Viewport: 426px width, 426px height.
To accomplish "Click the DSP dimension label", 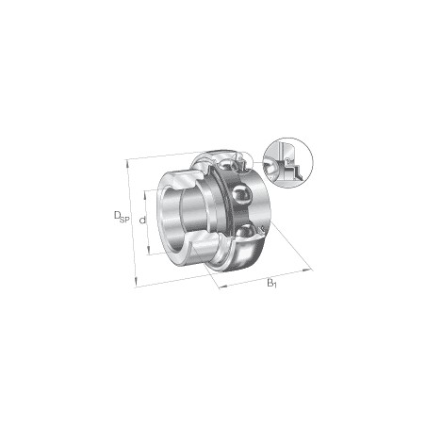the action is [122, 217].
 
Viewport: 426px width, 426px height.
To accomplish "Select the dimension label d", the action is [142, 221].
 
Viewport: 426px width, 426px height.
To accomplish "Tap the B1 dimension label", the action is [272, 283].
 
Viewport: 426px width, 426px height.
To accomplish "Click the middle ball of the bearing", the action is [242, 195].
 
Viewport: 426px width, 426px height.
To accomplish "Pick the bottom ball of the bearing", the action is [247, 232].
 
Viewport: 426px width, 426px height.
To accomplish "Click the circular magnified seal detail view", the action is [288, 162].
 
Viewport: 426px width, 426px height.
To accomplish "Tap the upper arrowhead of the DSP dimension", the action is [127, 163].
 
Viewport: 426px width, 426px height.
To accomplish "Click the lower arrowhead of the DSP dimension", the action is [136, 283].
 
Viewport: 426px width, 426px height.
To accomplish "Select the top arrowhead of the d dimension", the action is [145, 195].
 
